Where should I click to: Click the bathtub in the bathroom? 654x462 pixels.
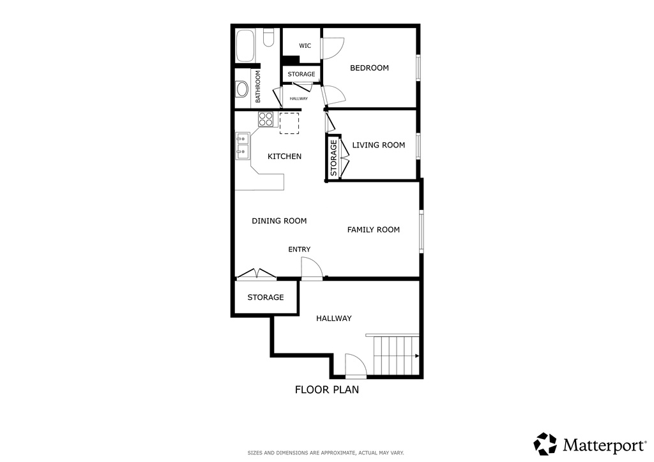point(245,45)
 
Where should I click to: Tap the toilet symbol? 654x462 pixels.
point(269,39)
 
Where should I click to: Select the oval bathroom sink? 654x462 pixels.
point(242,89)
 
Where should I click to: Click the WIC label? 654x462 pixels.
point(305,46)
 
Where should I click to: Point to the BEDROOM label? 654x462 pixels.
point(369,68)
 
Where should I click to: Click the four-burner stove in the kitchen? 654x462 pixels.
point(266,119)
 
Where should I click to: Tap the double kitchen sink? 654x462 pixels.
point(243,146)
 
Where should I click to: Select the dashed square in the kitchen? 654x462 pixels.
point(289,124)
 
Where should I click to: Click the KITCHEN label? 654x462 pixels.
point(284,156)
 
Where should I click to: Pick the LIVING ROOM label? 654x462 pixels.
point(379,145)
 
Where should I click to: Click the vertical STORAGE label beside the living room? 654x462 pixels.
point(333,158)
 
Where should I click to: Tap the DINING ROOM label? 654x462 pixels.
point(279,221)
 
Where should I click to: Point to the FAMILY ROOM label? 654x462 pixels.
point(374,230)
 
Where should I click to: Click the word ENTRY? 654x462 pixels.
point(299,250)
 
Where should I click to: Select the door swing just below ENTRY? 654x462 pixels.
point(311,268)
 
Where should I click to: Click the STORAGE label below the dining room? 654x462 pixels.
point(266,297)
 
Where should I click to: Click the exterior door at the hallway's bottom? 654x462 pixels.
point(356,366)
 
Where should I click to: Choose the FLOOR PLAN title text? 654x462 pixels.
point(326,389)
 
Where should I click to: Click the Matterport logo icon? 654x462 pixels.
point(545,444)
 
